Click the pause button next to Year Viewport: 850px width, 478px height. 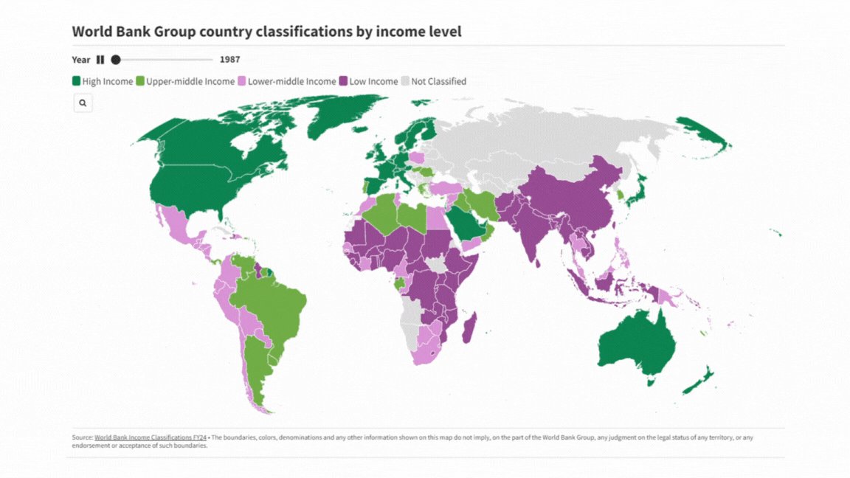point(100,60)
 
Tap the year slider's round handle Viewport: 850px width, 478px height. point(116,60)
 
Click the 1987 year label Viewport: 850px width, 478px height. point(229,60)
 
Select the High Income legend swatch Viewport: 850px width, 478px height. point(76,81)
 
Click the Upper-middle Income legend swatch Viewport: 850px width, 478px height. point(140,81)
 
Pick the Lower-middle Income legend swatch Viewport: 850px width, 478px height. point(241,81)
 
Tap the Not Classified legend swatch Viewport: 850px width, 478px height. point(405,81)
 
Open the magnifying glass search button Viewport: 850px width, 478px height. point(83,103)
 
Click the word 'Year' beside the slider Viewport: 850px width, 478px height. point(81,60)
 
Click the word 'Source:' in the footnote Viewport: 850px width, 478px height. point(82,437)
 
